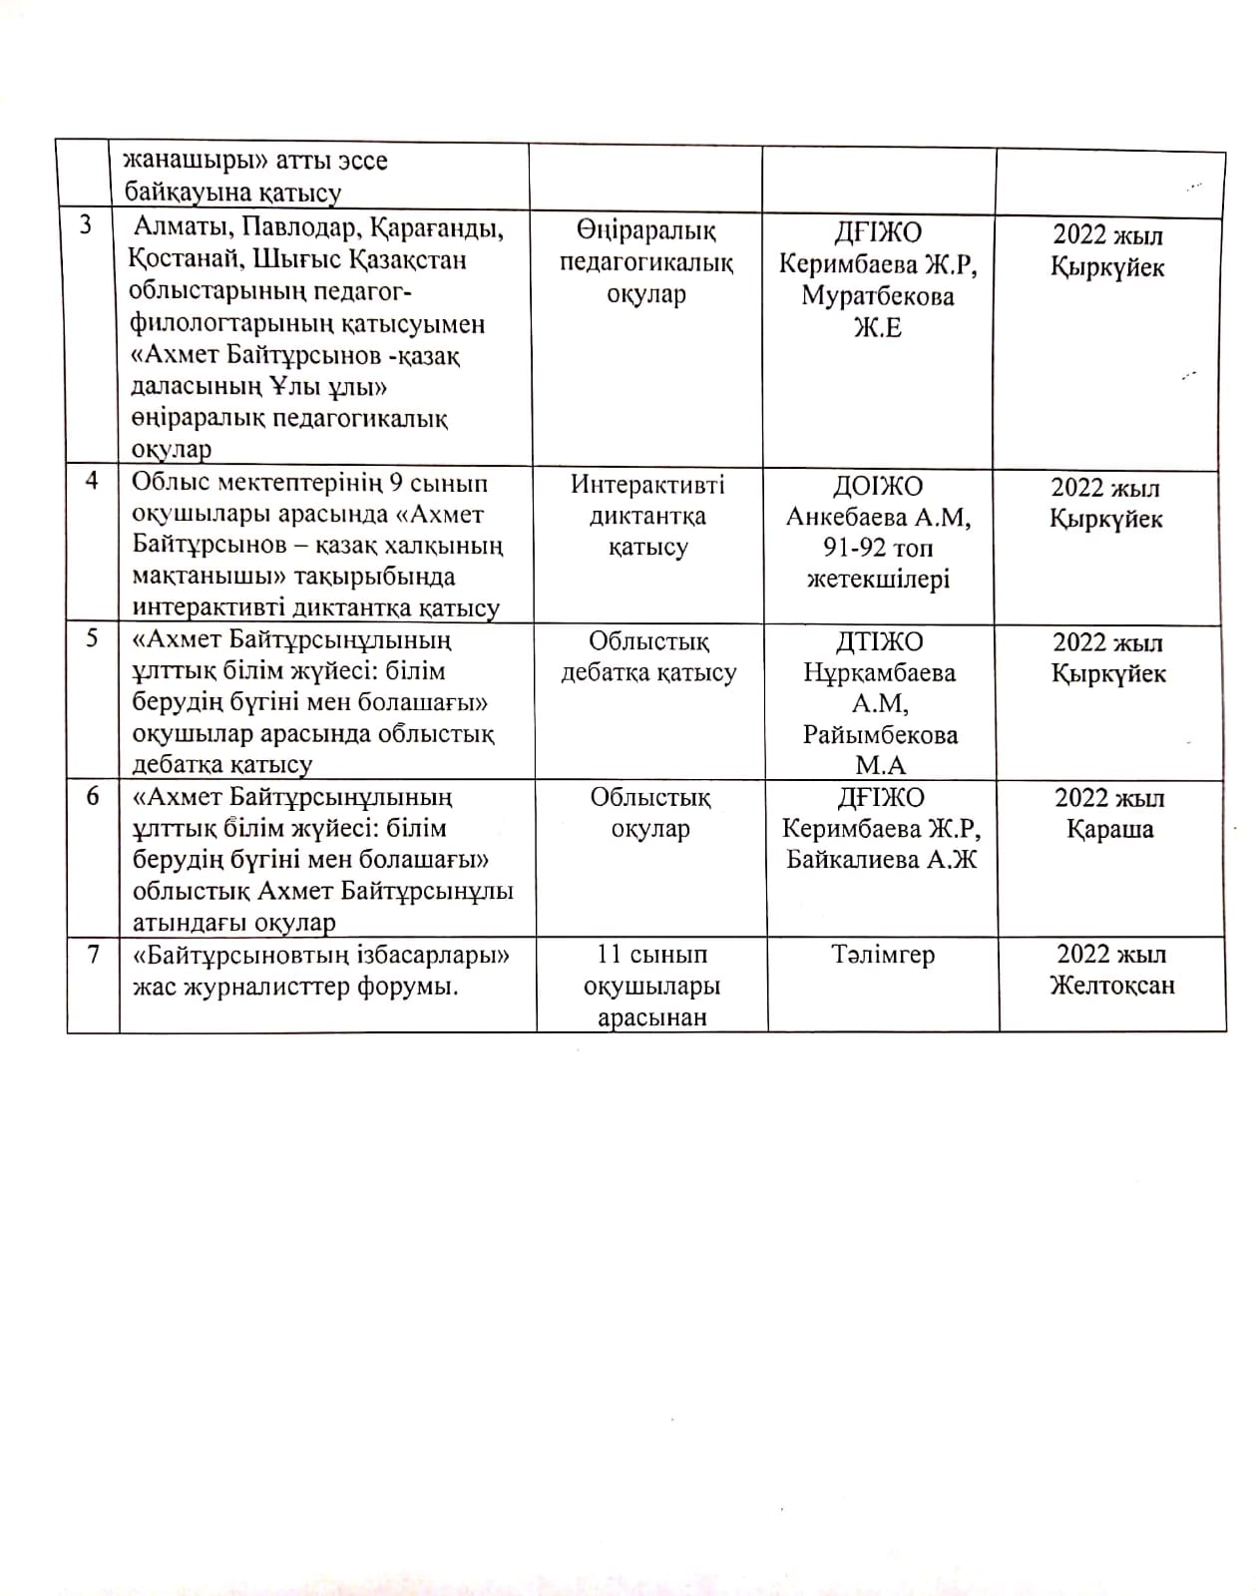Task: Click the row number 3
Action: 87,224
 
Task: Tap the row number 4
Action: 93,481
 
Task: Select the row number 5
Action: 93,638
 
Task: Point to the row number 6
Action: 93,796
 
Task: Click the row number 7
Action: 94,954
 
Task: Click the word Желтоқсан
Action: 1111,986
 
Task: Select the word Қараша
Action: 1109,830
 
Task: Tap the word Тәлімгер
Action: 883,955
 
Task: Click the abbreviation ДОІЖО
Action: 878,487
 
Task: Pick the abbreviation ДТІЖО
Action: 878,642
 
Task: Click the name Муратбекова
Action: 878,296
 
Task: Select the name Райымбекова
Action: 880,735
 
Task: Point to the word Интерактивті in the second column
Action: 647,485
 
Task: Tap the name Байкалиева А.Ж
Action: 882,860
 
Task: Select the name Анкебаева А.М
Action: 878,518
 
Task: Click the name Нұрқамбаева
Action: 879,673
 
